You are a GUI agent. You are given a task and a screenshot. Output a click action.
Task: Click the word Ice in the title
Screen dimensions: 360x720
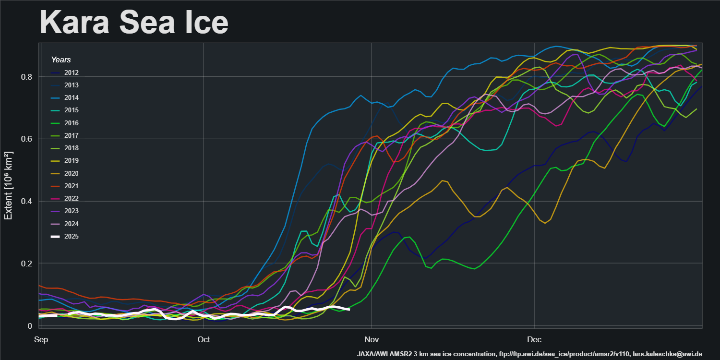(x=204, y=22)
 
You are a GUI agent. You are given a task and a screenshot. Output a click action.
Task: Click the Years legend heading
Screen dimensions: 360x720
(x=61, y=60)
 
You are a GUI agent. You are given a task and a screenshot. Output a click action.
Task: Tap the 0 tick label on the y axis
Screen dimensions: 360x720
(x=31, y=326)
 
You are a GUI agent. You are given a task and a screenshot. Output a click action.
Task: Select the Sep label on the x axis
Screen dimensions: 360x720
(x=41, y=340)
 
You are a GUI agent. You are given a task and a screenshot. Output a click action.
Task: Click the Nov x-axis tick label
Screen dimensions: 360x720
(x=372, y=340)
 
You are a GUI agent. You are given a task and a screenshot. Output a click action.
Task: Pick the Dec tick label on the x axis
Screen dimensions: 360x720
(x=534, y=340)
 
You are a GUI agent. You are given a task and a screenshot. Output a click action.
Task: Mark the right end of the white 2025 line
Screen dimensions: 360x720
(x=349, y=309)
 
